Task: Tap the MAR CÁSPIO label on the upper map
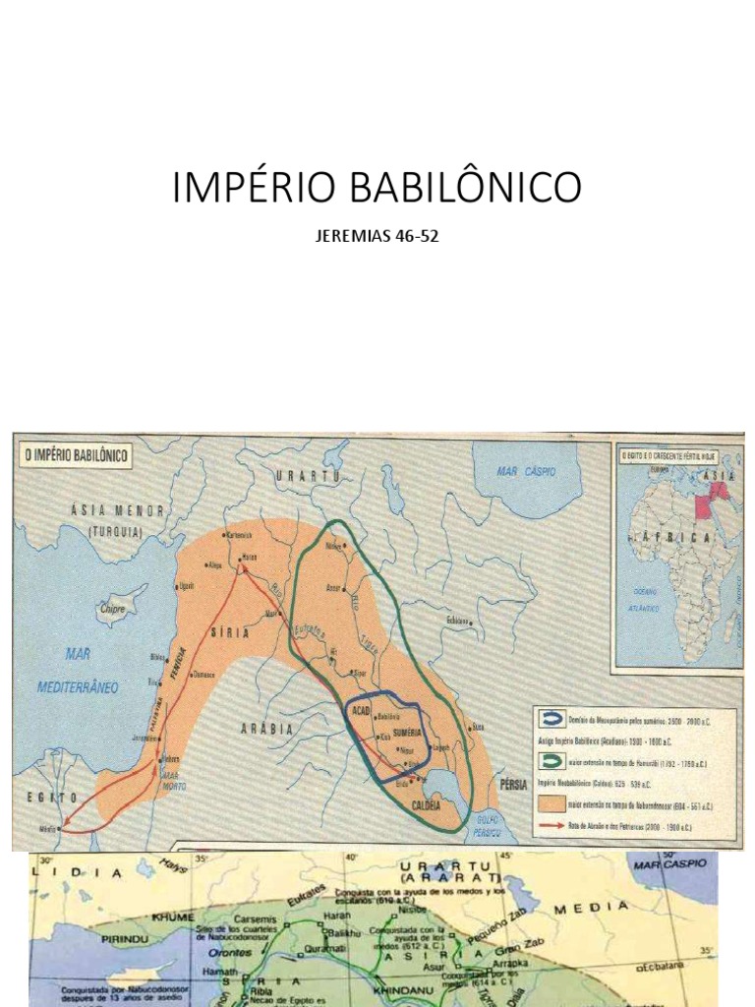click(x=526, y=472)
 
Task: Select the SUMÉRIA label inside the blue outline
click(x=399, y=734)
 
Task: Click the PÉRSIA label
click(x=513, y=784)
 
